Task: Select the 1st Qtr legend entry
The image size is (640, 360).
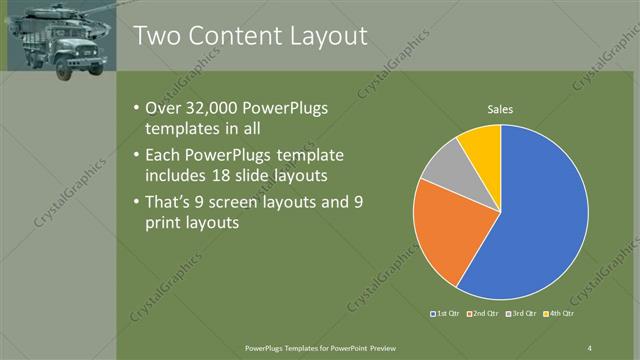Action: coord(443,313)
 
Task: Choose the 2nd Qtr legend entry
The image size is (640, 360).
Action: coord(483,313)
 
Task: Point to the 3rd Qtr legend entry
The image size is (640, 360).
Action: coord(524,313)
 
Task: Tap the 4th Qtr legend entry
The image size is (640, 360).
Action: coord(564,313)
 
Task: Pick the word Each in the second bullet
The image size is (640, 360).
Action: coord(164,156)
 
